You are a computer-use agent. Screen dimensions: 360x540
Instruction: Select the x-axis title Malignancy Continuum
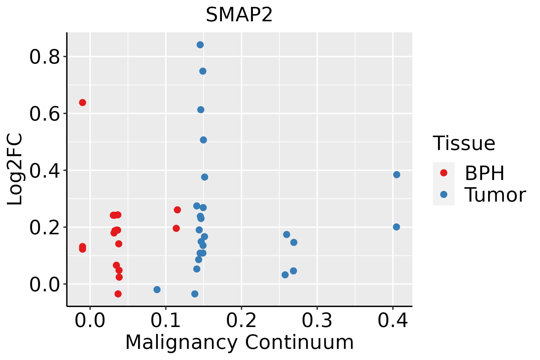click(x=239, y=342)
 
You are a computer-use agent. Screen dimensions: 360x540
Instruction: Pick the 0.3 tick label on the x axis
click(x=317, y=320)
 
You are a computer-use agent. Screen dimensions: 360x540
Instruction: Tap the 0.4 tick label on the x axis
click(x=392, y=320)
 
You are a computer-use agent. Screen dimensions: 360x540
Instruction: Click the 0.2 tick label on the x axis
click(x=241, y=320)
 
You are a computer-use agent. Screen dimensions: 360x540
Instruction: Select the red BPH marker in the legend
click(x=443, y=173)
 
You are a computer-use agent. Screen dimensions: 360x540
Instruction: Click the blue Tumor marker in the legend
click(x=443, y=194)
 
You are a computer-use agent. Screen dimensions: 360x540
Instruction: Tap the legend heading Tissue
click(x=464, y=143)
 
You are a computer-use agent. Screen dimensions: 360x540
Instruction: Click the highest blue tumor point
click(x=200, y=45)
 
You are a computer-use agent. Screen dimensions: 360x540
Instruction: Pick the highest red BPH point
click(x=82, y=103)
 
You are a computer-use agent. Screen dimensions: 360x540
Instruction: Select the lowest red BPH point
click(x=118, y=294)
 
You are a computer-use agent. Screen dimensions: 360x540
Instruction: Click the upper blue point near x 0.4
click(x=397, y=175)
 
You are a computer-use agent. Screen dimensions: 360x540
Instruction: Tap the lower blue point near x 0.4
click(x=396, y=227)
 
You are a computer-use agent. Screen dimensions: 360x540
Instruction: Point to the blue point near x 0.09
click(x=157, y=289)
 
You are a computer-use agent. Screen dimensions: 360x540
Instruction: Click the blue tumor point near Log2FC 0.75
click(x=203, y=71)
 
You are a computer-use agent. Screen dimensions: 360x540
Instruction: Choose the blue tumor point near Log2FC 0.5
click(x=203, y=140)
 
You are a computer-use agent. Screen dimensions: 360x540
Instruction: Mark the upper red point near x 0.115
click(x=177, y=210)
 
